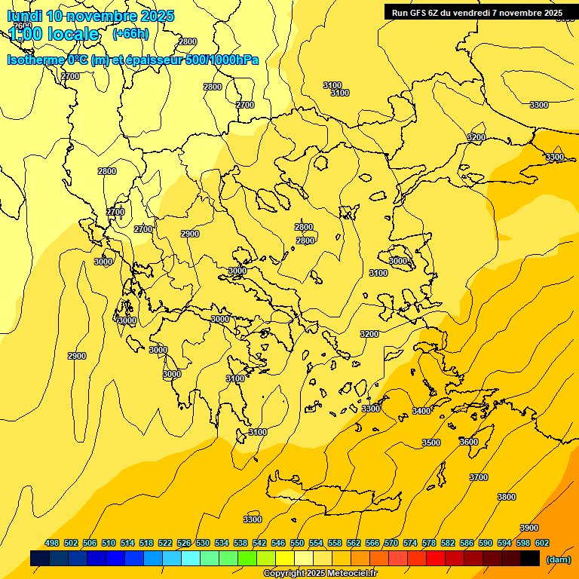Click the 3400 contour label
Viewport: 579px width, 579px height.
click(421, 411)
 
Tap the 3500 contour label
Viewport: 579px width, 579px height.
click(431, 443)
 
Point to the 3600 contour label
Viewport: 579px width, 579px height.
click(469, 442)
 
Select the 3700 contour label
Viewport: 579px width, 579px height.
click(479, 477)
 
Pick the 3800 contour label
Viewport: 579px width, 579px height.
click(507, 497)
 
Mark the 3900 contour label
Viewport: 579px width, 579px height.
click(529, 528)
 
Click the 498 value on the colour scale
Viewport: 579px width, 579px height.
click(52, 543)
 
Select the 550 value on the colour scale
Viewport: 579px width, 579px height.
click(297, 543)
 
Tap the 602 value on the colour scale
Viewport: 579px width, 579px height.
click(542, 543)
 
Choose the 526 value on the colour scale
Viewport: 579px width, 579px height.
click(184, 543)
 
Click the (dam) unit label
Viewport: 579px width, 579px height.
click(559, 559)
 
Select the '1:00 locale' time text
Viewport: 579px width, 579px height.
click(54, 34)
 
